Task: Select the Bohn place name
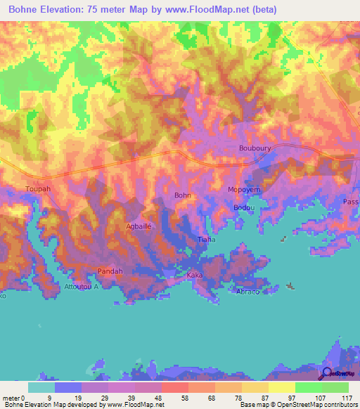[183, 196]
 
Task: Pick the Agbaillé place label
[139, 226]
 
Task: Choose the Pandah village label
[110, 271]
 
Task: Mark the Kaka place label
[195, 275]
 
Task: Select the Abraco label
[247, 291]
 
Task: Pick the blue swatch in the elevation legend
[68, 387]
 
